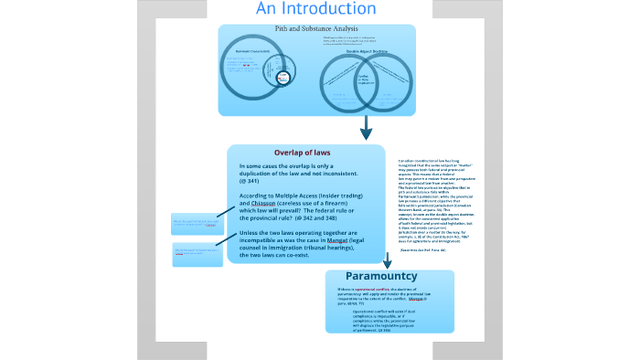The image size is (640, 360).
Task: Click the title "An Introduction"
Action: (315, 9)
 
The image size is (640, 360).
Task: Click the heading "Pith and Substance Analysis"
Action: (316, 29)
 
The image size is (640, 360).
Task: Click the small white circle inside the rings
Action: (283, 79)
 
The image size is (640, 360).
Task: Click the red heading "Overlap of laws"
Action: (302, 152)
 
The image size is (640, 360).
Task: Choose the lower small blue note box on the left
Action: (197, 254)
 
